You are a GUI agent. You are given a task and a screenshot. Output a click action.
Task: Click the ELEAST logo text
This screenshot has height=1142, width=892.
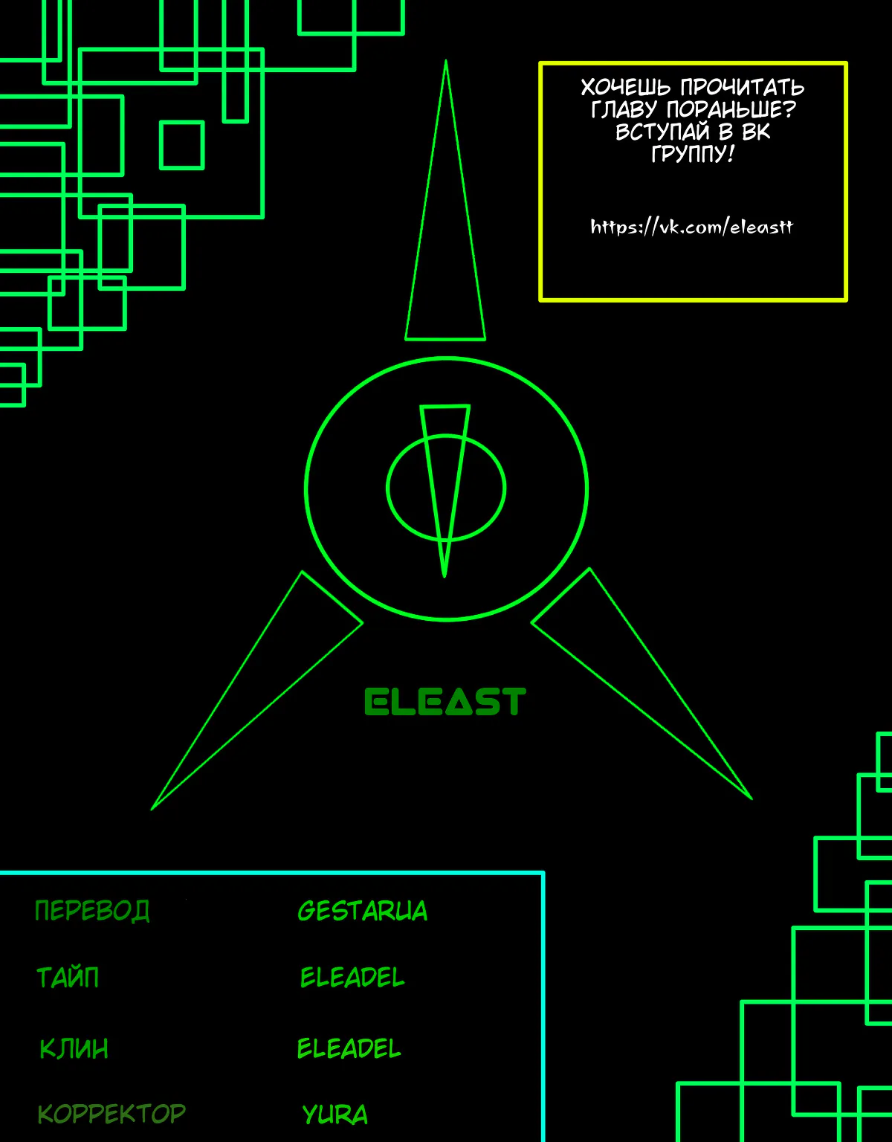445,702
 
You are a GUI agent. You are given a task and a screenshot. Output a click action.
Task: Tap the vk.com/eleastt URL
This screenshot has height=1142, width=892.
691,227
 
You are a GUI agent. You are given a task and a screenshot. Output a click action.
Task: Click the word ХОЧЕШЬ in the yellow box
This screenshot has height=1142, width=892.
625,88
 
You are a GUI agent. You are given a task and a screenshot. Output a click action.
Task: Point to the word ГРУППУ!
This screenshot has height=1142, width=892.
692,154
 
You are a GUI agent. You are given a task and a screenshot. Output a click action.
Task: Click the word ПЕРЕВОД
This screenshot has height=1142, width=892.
92,911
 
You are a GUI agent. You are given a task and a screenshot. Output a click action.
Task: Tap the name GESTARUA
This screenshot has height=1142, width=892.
363,911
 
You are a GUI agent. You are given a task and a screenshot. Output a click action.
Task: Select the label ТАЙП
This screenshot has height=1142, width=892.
68,977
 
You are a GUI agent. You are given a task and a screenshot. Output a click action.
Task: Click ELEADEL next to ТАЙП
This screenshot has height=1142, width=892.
352,978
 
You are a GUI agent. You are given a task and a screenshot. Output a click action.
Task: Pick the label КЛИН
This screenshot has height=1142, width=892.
74,1048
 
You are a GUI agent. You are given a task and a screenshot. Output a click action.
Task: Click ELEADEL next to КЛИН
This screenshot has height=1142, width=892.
349,1048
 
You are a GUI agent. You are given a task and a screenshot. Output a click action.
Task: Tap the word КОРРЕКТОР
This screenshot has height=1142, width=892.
111,1113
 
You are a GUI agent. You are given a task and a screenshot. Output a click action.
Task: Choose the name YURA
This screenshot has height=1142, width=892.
334,1114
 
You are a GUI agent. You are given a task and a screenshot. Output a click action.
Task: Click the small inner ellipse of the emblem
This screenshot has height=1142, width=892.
388,488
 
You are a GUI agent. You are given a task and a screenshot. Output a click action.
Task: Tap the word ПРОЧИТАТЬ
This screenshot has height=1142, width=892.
743,88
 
